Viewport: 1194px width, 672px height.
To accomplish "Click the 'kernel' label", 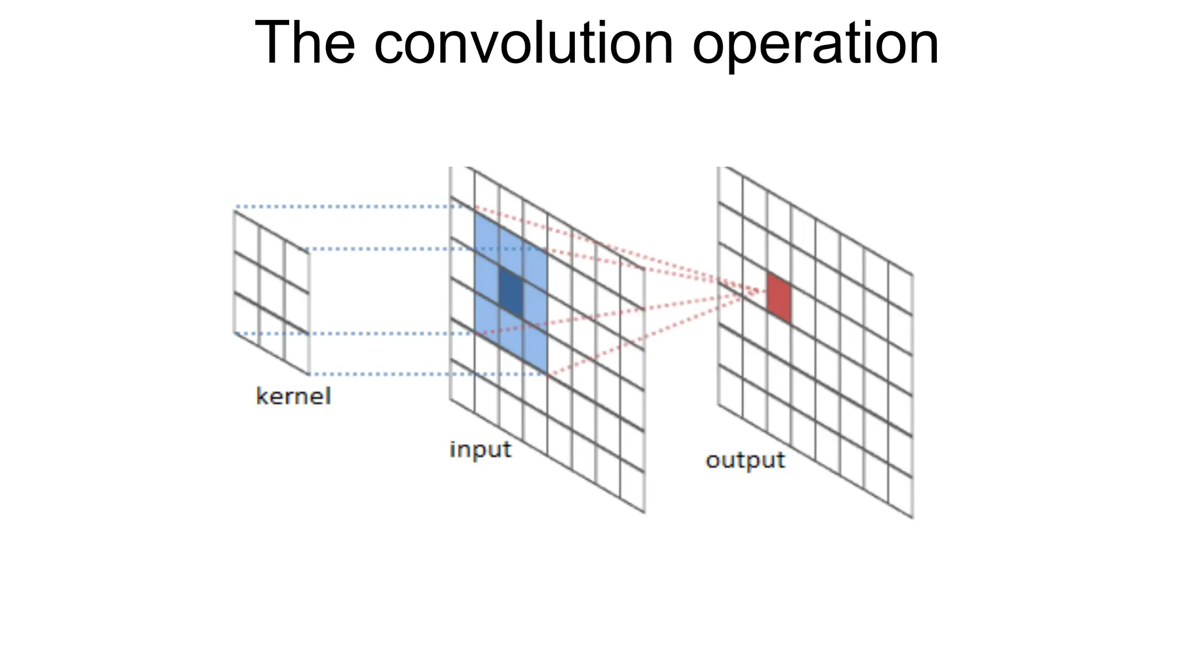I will (x=293, y=397).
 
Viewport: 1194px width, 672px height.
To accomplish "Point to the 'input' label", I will (x=480, y=450).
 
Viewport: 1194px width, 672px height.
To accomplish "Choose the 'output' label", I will (x=745, y=460).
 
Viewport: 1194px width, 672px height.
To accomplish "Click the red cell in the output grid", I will (x=779, y=297).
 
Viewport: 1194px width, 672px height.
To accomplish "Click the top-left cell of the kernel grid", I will (x=247, y=238).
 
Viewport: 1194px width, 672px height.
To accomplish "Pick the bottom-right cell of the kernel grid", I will (x=297, y=347).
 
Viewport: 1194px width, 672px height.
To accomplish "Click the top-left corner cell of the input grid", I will (x=462, y=185).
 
